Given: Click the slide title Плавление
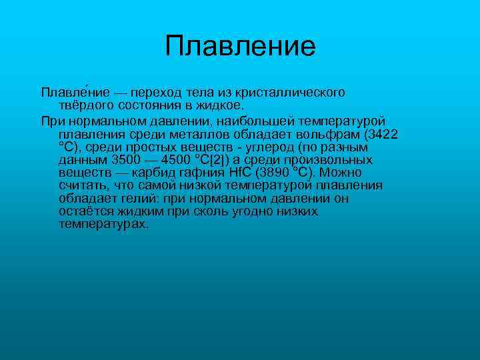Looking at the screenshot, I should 240,46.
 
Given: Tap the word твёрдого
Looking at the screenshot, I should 85,105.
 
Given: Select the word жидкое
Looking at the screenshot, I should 221,105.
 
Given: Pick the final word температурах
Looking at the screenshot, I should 103,225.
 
